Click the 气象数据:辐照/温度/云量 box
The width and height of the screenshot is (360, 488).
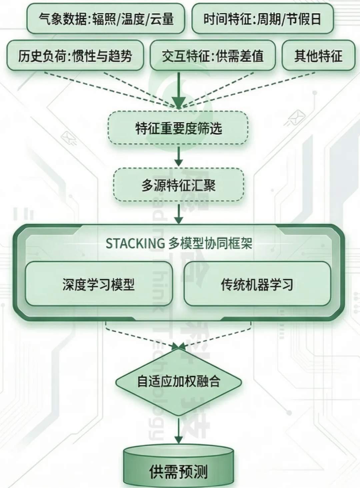point(106,19)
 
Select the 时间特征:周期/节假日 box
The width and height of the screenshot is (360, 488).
point(263,19)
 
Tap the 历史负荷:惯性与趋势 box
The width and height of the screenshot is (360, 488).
point(75,56)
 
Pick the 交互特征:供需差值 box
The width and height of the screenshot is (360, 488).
point(213,56)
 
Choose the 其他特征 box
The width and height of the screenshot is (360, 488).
point(318,56)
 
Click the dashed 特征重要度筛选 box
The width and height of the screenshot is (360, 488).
point(178,128)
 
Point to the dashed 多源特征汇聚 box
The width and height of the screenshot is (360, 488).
point(178,185)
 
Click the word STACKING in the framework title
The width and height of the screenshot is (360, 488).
point(135,244)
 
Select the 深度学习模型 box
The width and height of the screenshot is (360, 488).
point(99,284)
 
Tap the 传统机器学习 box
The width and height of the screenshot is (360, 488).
point(257,284)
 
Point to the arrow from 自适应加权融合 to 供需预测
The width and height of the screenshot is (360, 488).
point(179,430)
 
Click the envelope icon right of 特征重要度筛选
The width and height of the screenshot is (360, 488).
point(296,118)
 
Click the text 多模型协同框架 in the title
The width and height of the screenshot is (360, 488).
point(210,244)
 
